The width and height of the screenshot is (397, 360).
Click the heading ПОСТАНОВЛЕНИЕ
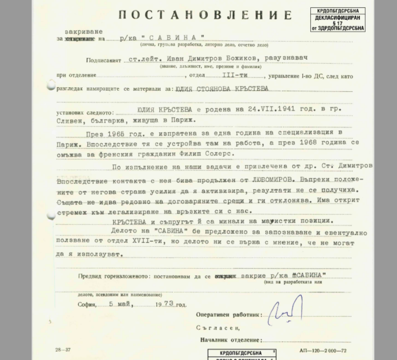(205, 15)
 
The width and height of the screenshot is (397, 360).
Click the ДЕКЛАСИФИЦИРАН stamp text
(337, 17)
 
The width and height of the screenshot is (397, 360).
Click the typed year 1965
(113, 134)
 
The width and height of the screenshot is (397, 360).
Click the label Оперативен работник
(229, 315)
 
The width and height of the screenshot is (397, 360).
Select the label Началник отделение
(230, 340)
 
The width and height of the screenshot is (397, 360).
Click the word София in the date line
(86, 305)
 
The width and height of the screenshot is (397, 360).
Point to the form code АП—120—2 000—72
(323, 351)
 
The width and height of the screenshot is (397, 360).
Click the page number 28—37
(63, 350)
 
